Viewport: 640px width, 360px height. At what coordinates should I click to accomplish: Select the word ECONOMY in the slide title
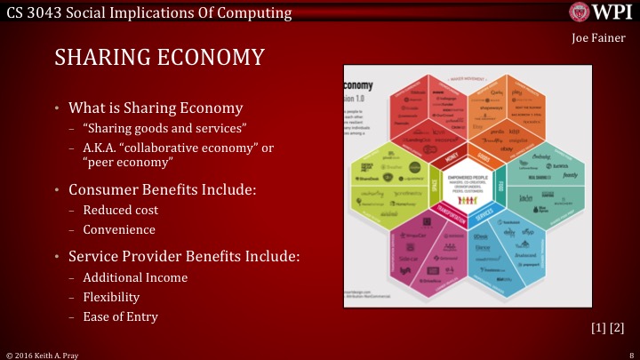[x=213, y=58]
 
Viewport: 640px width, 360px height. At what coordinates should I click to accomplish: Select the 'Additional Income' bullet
[x=135, y=277]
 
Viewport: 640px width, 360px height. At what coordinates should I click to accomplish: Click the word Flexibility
[x=111, y=297]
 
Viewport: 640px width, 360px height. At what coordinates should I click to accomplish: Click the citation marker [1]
[x=598, y=328]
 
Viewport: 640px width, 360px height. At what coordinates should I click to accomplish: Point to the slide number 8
[x=629, y=354]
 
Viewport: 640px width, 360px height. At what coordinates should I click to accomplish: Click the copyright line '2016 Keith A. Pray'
[x=53, y=354]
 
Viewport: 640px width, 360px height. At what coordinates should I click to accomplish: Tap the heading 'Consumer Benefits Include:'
[x=156, y=189]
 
